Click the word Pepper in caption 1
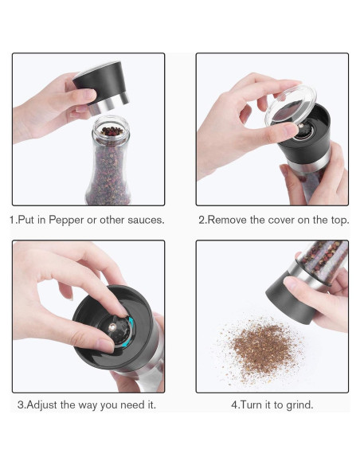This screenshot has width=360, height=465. pyautogui.click(x=66, y=221)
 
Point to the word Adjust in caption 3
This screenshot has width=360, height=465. pyautogui.click(x=41, y=405)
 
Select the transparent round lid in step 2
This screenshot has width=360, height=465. pyautogui.click(x=290, y=104)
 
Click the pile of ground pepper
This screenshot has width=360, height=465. pyautogui.click(x=261, y=349)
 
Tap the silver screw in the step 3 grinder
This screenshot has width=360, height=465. pyautogui.click(x=112, y=327)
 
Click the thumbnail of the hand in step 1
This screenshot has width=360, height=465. pyautogui.click(x=89, y=95)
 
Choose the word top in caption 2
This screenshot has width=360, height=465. pyautogui.click(x=339, y=221)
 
